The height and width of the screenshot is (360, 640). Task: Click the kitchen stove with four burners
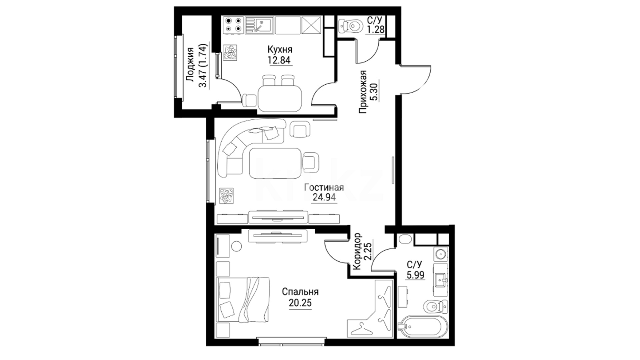coord(233,25)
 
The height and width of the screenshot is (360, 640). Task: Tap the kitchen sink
coord(259,25)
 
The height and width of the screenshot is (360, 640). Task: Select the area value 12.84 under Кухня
coord(279,60)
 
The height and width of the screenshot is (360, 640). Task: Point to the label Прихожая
coord(363,92)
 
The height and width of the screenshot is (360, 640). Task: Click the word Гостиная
coord(324,188)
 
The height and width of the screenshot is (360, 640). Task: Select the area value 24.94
coord(324,198)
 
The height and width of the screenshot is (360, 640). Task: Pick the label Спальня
coord(300,292)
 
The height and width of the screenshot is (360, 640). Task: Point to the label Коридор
coord(357,251)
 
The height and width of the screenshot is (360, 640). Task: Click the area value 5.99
coord(415,275)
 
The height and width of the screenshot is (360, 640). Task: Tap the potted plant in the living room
coord(226,196)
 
